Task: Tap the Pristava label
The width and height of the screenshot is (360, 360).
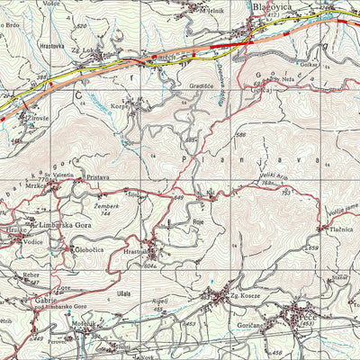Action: coord(96,178)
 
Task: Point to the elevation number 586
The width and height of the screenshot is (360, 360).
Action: coord(240,135)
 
